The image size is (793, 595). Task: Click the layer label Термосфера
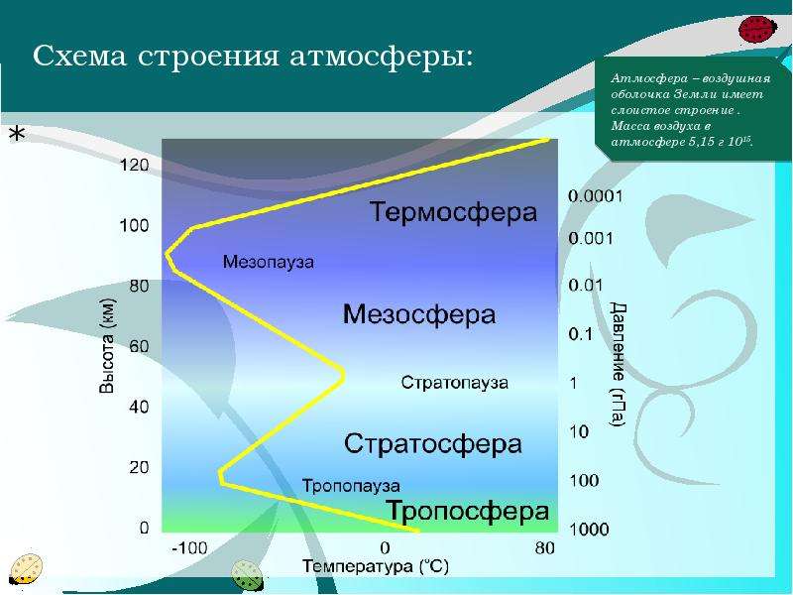coord(453,212)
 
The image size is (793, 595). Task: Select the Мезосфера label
coord(419,314)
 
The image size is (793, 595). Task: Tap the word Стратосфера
coord(433,443)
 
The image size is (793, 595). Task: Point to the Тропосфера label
coord(468,511)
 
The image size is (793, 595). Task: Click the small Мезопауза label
coord(268,262)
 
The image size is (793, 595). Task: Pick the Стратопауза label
coord(455,382)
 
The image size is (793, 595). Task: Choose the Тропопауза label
coord(351,486)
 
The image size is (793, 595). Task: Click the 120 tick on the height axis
coord(134,165)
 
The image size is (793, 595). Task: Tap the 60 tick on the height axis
coord(139,346)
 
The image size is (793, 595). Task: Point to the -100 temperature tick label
coord(189,548)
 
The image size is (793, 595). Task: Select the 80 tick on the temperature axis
coord(544,548)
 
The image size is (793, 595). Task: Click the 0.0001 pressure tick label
coord(596,195)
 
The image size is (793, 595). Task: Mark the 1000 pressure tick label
coord(589,530)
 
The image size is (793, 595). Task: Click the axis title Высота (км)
coord(107,346)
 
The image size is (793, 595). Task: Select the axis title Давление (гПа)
coord(618,364)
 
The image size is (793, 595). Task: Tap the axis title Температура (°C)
coord(376,566)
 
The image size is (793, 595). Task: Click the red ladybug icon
coord(757,30)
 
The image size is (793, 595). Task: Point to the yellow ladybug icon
coord(27,569)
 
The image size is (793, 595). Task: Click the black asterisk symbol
coord(17,134)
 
